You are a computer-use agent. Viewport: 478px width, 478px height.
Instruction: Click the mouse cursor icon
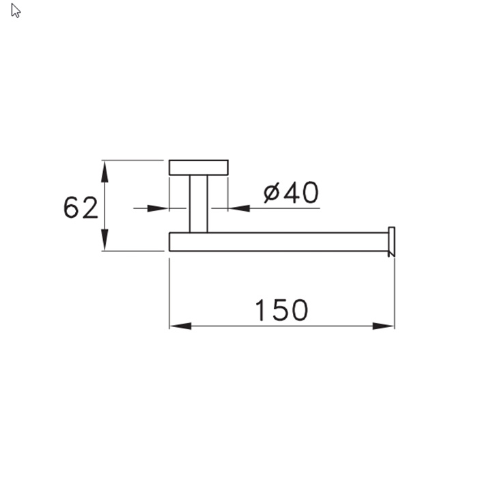coord(15,10)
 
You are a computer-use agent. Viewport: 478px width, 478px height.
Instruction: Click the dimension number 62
coord(81,208)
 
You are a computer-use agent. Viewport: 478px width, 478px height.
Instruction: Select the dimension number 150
coord(281,310)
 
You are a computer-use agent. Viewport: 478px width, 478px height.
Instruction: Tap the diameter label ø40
coord(291,193)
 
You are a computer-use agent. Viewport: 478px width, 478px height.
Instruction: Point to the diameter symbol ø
coord(271,193)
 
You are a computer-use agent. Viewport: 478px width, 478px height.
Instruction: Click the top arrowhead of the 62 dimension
coord(104,171)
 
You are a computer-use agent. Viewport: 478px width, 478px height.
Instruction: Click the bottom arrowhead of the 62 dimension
coord(104,240)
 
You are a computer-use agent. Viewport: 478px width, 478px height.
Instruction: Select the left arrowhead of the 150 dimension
coord(181,326)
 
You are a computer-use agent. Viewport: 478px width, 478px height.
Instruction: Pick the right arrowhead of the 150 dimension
coord(384,326)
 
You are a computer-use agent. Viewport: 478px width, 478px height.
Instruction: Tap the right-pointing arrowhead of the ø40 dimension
coord(158,208)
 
